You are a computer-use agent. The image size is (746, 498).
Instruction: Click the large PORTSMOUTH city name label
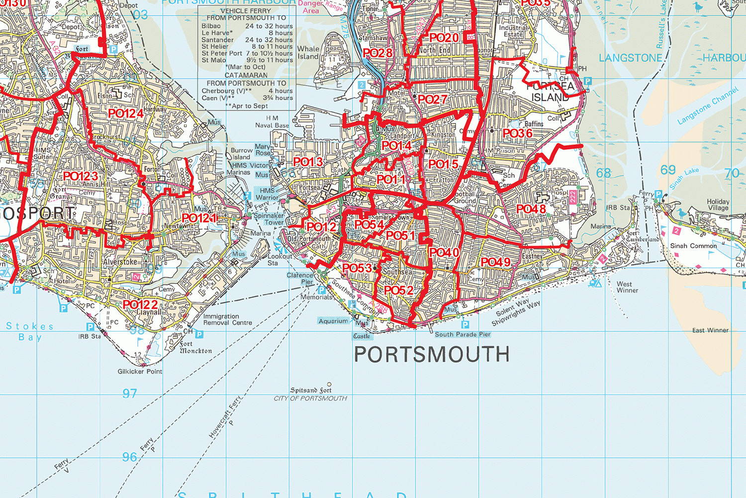[x=432, y=354]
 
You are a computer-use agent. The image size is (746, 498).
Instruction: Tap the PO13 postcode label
[x=308, y=162]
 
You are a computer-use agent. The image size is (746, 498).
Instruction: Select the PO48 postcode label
[x=531, y=209]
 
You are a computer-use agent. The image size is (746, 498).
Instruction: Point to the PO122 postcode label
[x=140, y=304]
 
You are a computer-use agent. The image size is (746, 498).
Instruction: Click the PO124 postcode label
[x=126, y=114]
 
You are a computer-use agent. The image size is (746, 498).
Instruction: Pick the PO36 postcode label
[x=518, y=133]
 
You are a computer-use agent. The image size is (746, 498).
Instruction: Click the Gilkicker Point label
[x=140, y=371]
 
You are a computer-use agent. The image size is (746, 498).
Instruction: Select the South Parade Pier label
[x=463, y=335]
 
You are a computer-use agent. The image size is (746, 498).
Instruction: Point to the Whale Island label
[x=308, y=52]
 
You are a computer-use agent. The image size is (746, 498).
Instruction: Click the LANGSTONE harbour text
[x=630, y=58]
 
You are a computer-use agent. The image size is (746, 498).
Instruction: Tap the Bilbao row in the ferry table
[x=247, y=26]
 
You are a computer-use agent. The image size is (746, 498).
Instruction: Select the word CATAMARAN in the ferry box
[x=246, y=75]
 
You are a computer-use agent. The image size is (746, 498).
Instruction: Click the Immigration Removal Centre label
[x=227, y=319]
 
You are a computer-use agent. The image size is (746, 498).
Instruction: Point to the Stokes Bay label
[x=30, y=331]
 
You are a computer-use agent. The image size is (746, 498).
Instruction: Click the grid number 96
[x=129, y=457]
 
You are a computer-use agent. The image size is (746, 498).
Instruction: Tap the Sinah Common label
[x=693, y=246]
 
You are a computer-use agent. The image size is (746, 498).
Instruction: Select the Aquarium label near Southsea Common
[x=333, y=321]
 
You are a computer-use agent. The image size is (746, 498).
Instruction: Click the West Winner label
[x=627, y=287]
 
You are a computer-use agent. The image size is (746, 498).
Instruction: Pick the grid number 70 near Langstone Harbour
[x=732, y=173]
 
